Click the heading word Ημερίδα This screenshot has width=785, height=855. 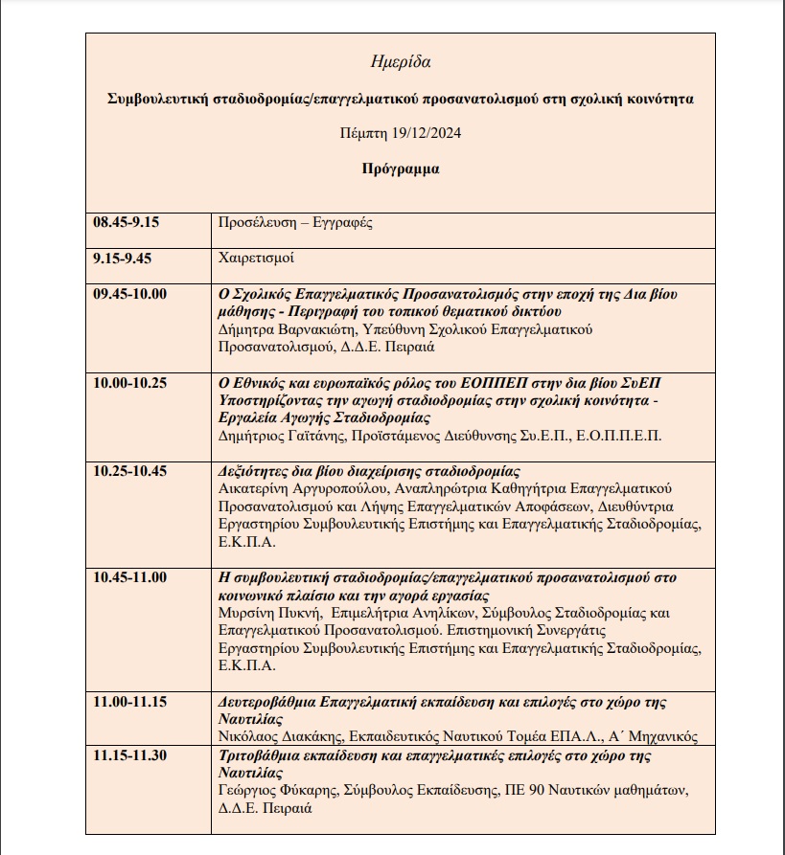[400, 62]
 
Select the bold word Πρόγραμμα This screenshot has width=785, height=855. [401, 169]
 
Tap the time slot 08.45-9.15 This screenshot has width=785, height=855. [126, 222]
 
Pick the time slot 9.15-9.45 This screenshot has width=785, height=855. [122, 258]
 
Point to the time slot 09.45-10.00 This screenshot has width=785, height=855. [129, 294]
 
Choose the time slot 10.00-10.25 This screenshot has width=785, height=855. [129, 383]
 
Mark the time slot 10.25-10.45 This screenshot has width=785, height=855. [129, 471]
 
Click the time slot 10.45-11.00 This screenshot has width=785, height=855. [129, 577]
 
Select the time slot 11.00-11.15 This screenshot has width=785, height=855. [129, 702]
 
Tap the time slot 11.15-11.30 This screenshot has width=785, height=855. [129, 755]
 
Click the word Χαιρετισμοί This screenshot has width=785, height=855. [257, 259]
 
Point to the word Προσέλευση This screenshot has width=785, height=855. [254, 223]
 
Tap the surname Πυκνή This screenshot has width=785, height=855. [296, 613]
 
